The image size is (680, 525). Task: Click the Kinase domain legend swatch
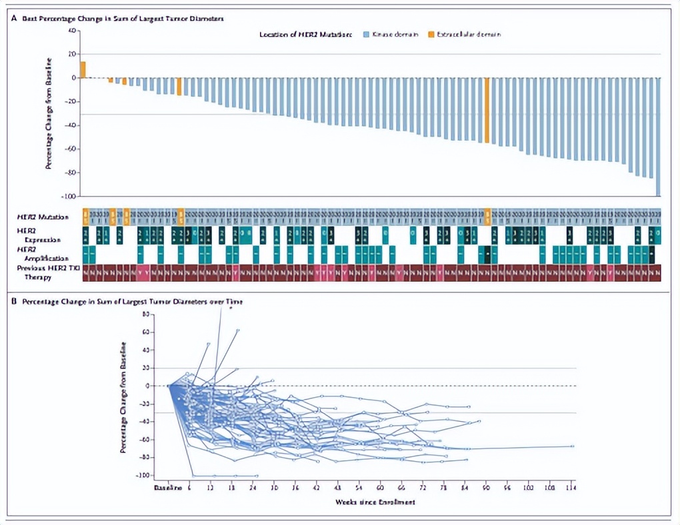(x=365, y=33)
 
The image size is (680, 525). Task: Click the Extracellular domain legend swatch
(x=431, y=33)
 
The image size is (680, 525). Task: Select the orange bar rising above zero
(x=83, y=69)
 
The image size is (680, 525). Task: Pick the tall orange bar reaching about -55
(x=487, y=111)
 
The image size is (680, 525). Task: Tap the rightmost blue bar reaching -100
(x=658, y=137)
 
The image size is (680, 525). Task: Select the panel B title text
(x=131, y=302)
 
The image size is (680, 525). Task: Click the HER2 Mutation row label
(x=43, y=217)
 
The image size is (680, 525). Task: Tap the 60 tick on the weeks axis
(x=381, y=489)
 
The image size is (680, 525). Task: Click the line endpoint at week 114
(x=573, y=446)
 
